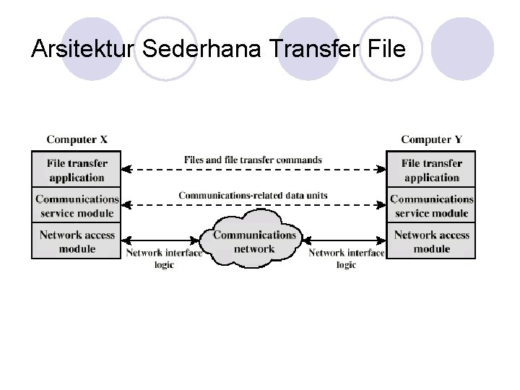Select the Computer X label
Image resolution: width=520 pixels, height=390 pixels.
[77, 139]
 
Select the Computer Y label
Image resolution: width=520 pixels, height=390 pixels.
[431, 139]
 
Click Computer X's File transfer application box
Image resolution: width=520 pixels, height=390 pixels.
[77, 170]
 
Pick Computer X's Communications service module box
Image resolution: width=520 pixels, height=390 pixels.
[77, 206]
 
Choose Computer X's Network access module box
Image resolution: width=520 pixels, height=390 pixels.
[77, 241]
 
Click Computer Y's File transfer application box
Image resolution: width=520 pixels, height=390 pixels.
[431, 170]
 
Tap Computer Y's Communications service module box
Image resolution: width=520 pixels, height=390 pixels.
[431, 206]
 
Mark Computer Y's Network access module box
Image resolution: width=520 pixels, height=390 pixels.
[431, 241]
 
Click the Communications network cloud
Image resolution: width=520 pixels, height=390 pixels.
[254, 241]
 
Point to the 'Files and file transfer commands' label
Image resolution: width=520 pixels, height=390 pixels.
[253, 160]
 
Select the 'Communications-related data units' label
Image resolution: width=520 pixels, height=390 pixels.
[253, 195]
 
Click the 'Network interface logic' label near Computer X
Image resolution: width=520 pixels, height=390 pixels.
[165, 259]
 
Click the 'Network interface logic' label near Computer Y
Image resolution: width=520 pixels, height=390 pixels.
[346, 259]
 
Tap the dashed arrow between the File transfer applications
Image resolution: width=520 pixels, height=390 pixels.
[253, 170]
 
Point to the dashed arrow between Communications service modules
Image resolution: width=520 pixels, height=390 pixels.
[253, 205]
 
